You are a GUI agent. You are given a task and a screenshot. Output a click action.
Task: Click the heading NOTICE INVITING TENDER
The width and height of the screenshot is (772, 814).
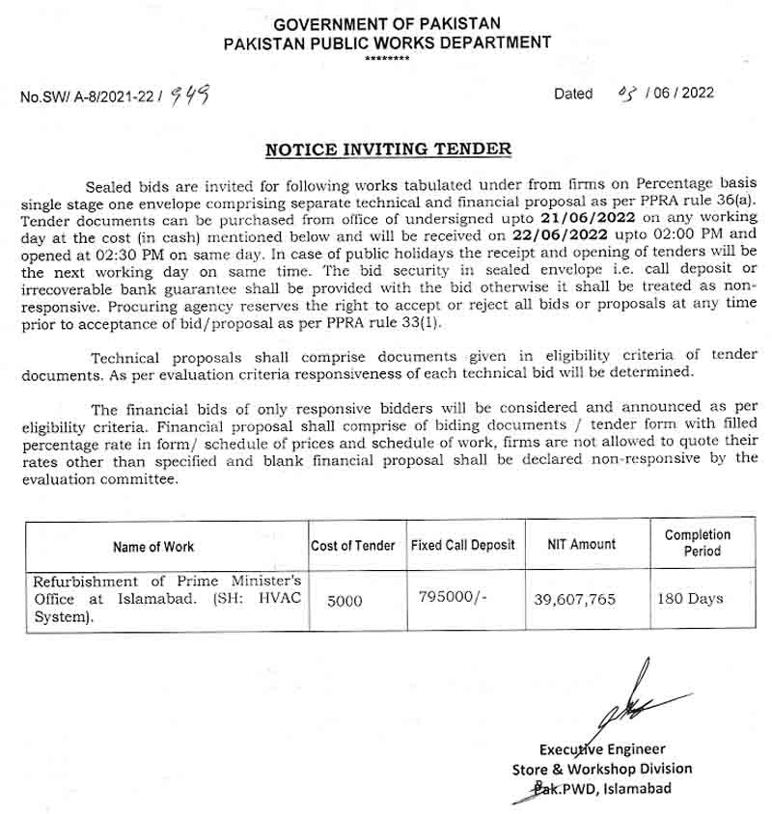pyautogui.click(x=388, y=149)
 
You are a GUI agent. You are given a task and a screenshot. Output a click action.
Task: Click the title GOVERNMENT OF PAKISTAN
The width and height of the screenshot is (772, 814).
pyautogui.click(x=386, y=24)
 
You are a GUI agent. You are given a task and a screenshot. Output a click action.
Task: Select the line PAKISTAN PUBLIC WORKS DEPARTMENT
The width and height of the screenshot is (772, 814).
pyautogui.click(x=386, y=42)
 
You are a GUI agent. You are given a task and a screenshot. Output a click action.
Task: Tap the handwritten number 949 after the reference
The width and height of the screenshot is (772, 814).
pyautogui.click(x=189, y=95)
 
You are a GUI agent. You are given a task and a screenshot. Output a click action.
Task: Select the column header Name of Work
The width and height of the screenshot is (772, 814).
pyautogui.click(x=153, y=546)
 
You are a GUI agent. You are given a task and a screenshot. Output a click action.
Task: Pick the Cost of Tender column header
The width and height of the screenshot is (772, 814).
pyautogui.click(x=353, y=545)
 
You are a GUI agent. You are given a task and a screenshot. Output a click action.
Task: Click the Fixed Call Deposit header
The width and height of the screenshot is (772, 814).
pyautogui.click(x=463, y=545)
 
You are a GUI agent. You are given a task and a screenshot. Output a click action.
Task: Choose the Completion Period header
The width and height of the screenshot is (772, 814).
pyautogui.click(x=698, y=543)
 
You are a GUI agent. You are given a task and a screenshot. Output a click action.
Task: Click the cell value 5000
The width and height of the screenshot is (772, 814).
pyautogui.click(x=345, y=600)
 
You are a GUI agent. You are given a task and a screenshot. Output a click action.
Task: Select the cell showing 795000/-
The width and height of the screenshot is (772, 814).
pyautogui.click(x=454, y=597)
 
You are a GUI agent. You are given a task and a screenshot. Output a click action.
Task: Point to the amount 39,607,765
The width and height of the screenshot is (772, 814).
pyautogui.click(x=574, y=599)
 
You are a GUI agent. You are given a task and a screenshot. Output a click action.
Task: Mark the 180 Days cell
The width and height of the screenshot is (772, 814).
pyautogui.click(x=690, y=599)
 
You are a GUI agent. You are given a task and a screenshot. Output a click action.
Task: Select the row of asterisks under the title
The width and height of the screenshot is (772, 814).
pyautogui.click(x=386, y=60)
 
